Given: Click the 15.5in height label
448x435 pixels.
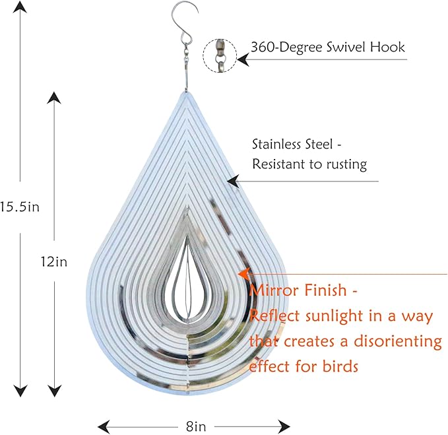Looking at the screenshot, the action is (x=19, y=207).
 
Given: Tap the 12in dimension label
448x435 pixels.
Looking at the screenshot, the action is (x=54, y=261).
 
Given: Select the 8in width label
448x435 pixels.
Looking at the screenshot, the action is (x=196, y=426).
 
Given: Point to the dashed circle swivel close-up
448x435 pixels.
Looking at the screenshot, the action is (x=220, y=55).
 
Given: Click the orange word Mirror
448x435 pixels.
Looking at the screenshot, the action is (x=274, y=290).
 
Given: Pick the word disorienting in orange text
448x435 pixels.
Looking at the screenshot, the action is (x=398, y=341).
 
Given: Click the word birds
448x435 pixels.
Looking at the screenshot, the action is (x=340, y=366).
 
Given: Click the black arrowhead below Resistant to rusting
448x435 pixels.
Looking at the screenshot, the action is (x=233, y=182).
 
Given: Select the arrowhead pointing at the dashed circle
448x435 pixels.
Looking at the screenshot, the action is (x=243, y=59).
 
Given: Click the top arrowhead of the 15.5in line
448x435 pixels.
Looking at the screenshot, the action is (x=20, y=7).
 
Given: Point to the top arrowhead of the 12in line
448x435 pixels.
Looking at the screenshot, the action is (x=54, y=98).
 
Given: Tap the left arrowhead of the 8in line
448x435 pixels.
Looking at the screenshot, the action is (x=104, y=427).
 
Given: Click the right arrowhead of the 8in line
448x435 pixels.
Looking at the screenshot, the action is (x=284, y=427).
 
